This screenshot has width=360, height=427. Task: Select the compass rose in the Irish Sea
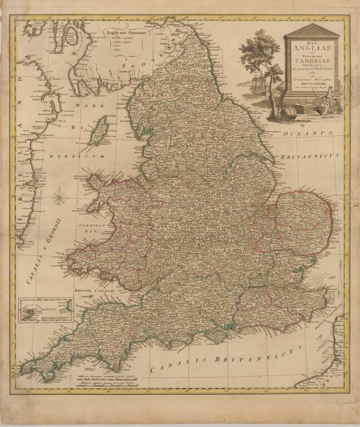pos(61,197)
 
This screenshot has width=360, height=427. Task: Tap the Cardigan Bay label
pos(88,229)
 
